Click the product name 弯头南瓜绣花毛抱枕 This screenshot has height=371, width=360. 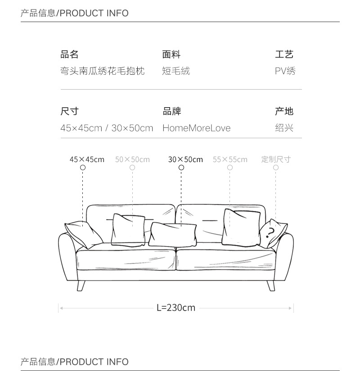pos(103,71)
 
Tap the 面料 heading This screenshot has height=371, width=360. pos(171,54)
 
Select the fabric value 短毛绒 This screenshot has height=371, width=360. pos(176,71)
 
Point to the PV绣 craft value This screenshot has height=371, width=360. pos(285,71)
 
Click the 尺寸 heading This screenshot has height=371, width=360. pos(69,111)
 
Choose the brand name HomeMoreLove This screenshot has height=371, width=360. pos(196,128)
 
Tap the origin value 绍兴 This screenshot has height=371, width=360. pos(284,128)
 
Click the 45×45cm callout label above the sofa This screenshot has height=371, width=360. pos(87,159)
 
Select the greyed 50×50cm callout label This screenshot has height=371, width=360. pos(132,159)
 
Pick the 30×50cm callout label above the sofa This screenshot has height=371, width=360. pos(185,159)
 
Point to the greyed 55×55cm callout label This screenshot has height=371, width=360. pos(230,159)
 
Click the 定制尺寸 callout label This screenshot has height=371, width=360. pos(276,159)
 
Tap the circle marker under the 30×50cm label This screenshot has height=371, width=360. pos(181,167)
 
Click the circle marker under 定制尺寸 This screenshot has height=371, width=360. pos(276,167)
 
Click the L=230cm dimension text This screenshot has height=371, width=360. pos(176,308)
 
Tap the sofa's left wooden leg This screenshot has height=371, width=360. pos(81,285)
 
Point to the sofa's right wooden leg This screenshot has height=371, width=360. pos(271,285)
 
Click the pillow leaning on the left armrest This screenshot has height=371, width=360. pos(85,234)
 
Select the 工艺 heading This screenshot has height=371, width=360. pos(284,54)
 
